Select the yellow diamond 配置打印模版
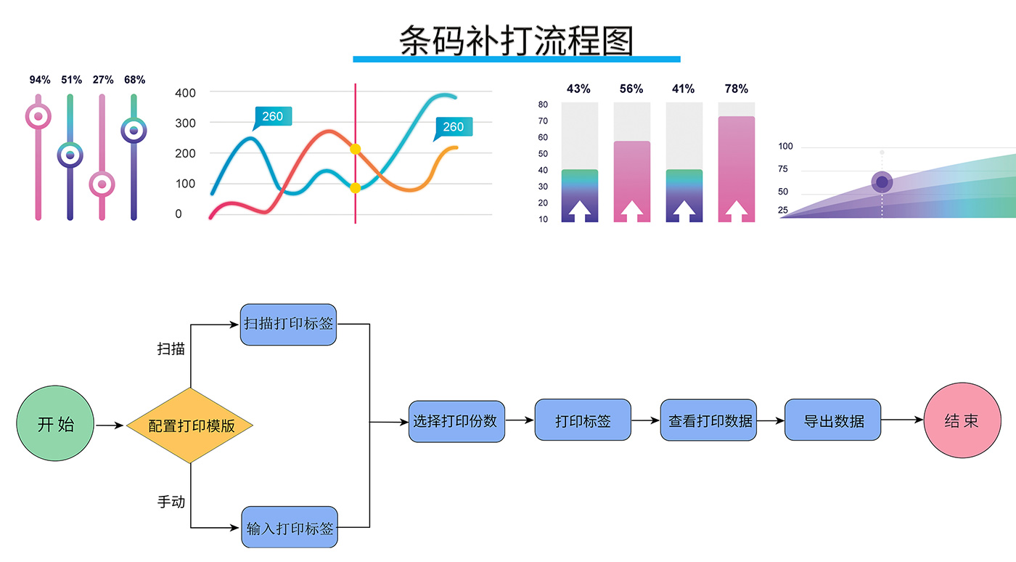click(x=190, y=425)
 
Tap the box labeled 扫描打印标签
click(x=289, y=324)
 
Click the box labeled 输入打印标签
click(x=290, y=528)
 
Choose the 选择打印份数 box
click(x=456, y=421)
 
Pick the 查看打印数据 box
click(x=708, y=420)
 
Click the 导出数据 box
click(x=832, y=420)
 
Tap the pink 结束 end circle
click(x=962, y=420)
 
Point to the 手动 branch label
click(x=171, y=502)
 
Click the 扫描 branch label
click(x=171, y=349)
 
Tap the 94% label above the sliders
click(x=40, y=80)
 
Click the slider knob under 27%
click(x=102, y=184)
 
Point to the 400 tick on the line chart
click(x=185, y=93)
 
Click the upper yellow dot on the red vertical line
click(x=356, y=149)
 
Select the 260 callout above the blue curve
click(x=273, y=117)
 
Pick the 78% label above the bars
click(x=736, y=89)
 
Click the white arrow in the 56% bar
click(x=631, y=211)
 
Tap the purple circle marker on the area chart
click(x=882, y=182)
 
